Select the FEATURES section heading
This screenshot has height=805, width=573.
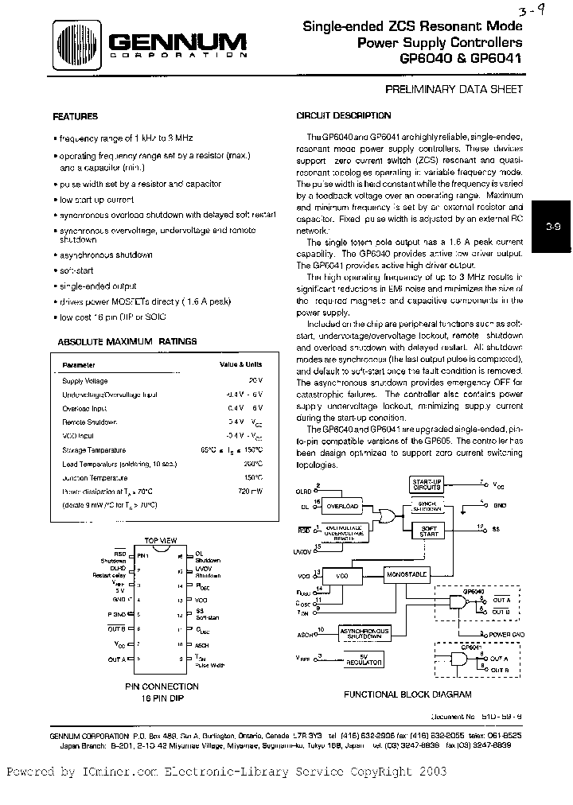click(75, 115)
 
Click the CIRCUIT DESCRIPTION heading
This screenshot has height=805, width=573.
click(343, 115)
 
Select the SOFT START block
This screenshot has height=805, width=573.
click(428, 531)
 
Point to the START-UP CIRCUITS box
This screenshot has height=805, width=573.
click(427, 484)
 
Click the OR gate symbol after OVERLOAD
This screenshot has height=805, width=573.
click(389, 516)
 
